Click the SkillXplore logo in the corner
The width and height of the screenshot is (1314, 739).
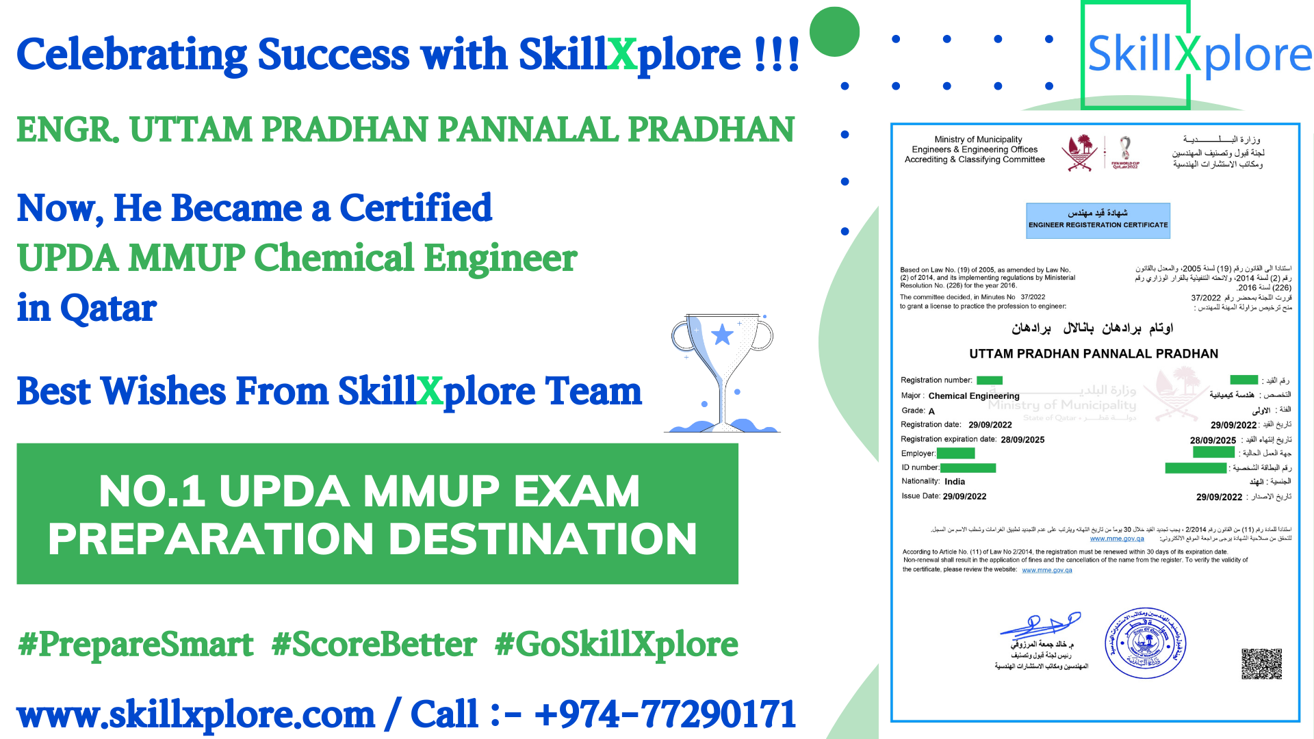coord(1198,55)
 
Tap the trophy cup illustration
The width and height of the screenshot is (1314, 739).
coord(723,373)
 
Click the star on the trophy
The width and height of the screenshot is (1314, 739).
coord(722,335)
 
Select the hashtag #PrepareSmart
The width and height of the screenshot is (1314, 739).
coord(136,645)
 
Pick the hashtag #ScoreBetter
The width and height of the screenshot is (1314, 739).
coord(374,645)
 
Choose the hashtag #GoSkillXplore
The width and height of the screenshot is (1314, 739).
coord(617,645)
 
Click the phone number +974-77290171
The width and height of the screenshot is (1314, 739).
coord(665,714)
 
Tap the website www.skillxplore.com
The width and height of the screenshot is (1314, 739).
coord(196,714)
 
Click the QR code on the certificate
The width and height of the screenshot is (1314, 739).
coord(1261,663)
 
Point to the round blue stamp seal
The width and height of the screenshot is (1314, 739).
coord(1145,643)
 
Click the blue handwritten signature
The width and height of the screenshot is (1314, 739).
coord(1040,625)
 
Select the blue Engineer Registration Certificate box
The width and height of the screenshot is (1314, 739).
coord(1098,220)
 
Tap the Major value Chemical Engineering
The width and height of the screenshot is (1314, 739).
coord(974,396)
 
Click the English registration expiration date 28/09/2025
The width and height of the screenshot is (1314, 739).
coord(1022,440)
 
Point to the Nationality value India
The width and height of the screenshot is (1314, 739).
coord(955,482)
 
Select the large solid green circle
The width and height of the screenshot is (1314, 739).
coord(834,31)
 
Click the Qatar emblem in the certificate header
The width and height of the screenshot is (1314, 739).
coord(1080,152)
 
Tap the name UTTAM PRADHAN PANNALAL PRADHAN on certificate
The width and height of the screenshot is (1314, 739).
coord(1094,354)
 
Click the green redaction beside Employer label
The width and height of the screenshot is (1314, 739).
coord(955,453)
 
